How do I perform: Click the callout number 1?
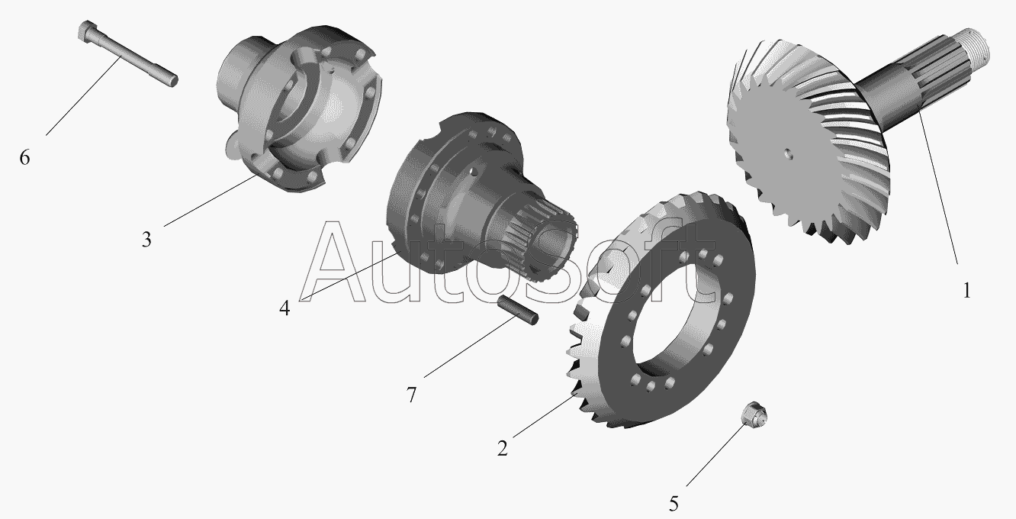(966, 290)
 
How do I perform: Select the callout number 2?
(502, 448)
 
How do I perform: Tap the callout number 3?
(146, 240)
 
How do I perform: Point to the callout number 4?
(285, 308)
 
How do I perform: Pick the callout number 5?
(674, 504)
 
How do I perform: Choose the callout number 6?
(24, 157)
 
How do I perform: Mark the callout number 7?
(411, 395)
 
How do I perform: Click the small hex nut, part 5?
(754, 414)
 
